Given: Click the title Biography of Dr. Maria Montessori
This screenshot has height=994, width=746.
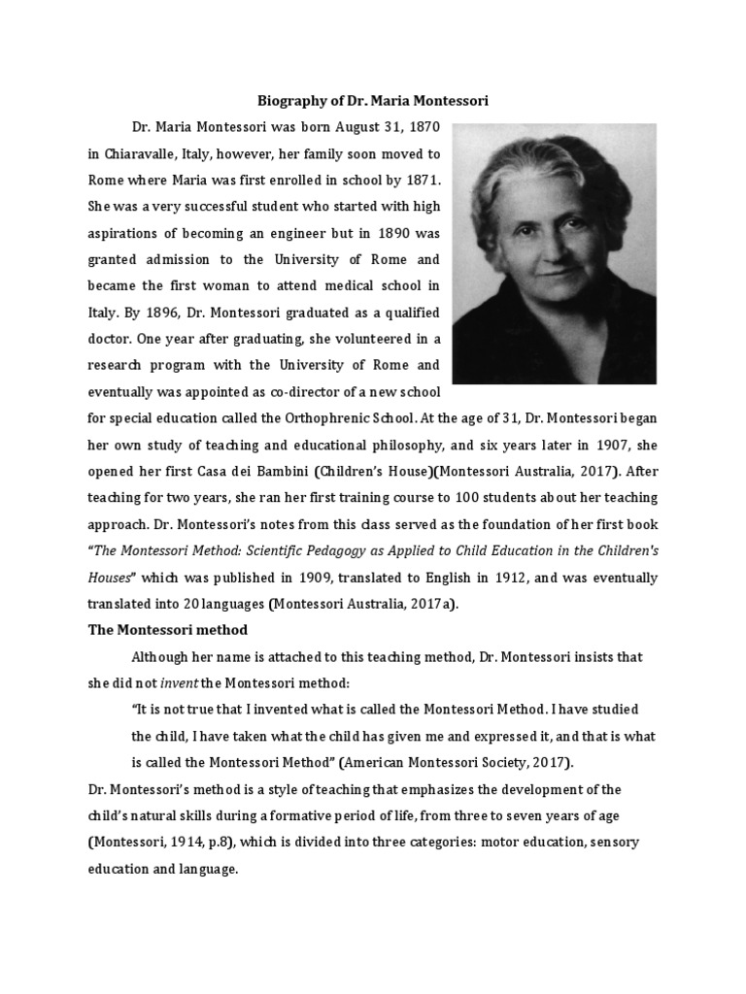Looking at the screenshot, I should click(x=372, y=100).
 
